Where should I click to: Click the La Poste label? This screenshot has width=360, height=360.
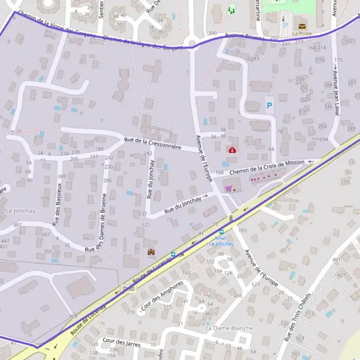[302, 34]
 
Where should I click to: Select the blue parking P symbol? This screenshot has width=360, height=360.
[269, 105]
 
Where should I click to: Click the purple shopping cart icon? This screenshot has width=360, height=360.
[228, 188]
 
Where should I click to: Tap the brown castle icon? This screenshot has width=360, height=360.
[151, 251]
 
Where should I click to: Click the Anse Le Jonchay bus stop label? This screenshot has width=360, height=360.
[221, 241]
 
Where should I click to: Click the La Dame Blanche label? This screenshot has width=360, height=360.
[229, 328]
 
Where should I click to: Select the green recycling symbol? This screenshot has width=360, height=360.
[232, 9]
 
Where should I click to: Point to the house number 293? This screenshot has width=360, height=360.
[254, 59]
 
